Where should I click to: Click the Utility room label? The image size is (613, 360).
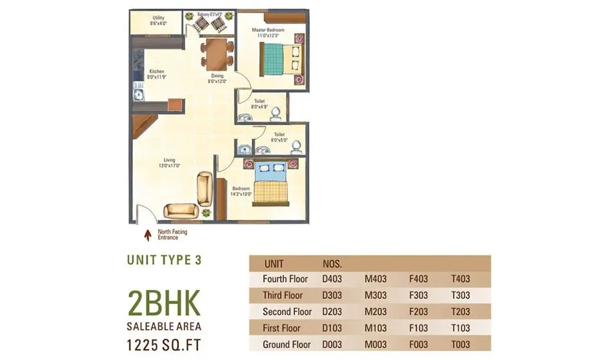point(158,21)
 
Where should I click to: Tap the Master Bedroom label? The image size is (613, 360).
point(269,33)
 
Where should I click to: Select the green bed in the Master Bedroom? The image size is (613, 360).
point(278,60)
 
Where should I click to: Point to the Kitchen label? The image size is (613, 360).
point(157,74)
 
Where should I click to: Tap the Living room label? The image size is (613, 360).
point(170,163)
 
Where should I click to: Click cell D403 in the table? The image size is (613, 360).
point(332,279)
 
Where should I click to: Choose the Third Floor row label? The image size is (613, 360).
point(283,296)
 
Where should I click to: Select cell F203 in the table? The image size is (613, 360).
point(418,312)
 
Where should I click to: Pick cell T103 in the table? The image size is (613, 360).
point(461,328)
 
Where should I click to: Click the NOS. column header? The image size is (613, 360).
point(332,264)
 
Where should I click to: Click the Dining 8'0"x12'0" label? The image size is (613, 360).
point(217,78)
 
